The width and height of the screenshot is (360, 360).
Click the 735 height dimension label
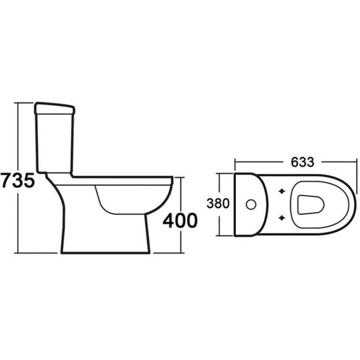coord(18,180)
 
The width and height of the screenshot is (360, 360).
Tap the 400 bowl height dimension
coord(180,221)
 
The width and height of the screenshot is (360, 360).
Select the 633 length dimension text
coord(302,162)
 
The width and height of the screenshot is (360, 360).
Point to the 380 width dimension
coord(218,204)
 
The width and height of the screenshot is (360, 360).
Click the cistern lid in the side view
coord(55,108)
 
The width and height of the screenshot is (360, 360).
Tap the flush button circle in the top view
coord(251,204)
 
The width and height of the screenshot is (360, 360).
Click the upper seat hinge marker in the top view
coord(282,191)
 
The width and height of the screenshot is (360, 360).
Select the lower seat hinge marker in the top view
coord(282,217)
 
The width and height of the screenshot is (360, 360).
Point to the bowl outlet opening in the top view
coord(311,205)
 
